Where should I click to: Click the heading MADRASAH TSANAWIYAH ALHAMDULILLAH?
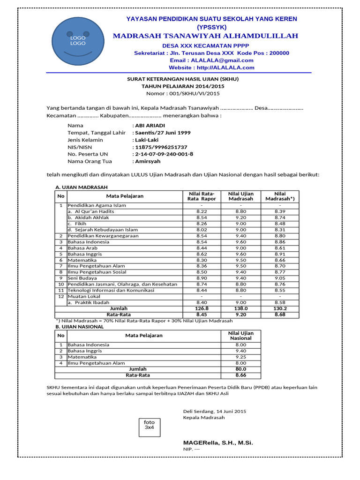click(x=205, y=37)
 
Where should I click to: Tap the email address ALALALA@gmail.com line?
click(x=211, y=60)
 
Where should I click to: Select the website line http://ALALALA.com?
click(x=211, y=67)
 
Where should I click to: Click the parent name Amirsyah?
click(x=147, y=161)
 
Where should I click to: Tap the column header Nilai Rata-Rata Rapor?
click(x=201, y=196)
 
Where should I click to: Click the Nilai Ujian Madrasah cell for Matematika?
click(x=240, y=260)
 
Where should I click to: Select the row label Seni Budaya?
click(x=82, y=278)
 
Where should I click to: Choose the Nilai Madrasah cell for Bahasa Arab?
click(x=279, y=248)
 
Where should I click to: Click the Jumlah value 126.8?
click(x=201, y=308)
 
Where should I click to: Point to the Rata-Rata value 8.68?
click(x=279, y=315)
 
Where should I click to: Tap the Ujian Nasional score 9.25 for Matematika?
click(x=240, y=357)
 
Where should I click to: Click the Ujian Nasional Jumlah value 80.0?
click(x=240, y=369)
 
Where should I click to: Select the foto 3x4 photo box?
click(x=149, y=425)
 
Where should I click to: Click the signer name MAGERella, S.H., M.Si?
click(x=218, y=442)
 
